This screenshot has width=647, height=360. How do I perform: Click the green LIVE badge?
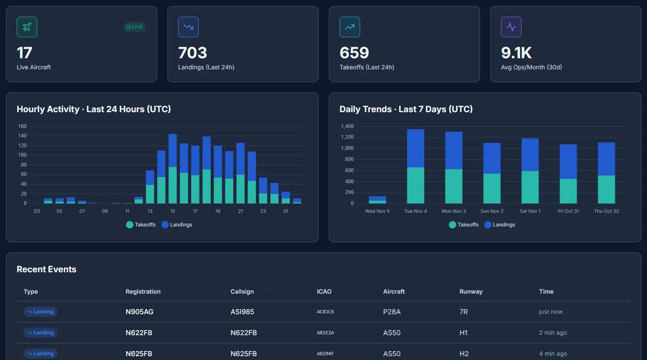pyautogui.click(x=135, y=27)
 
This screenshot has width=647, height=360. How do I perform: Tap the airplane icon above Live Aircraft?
pyautogui.click(x=27, y=27)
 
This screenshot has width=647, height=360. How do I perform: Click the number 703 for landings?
pyautogui.click(x=193, y=53)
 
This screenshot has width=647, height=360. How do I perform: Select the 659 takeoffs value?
pyautogui.click(x=354, y=53)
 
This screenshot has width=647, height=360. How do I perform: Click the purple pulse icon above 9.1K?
pyautogui.click(x=511, y=27)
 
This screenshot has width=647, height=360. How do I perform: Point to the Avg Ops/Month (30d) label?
pyautogui.click(x=531, y=67)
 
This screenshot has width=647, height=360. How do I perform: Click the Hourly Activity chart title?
pyautogui.click(x=94, y=109)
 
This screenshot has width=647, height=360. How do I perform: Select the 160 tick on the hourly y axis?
pyautogui.click(x=22, y=126)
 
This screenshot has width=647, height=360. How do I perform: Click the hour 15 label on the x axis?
pyautogui.click(x=173, y=211)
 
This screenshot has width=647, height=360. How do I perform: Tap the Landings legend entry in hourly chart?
pyautogui.click(x=177, y=225)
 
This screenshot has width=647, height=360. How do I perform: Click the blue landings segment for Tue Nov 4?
pyautogui.click(x=415, y=148)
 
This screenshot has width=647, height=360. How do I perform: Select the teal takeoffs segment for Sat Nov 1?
pyautogui.click(x=530, y=187)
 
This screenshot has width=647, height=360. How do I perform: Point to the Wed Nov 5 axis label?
pyautogui.click(x=377, y=211)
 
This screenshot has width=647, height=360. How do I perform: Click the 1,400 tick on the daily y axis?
pyautogui.click(x=347, y=126)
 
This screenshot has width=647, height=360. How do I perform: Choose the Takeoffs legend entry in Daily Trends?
pyautogui.click(x=464, y=225)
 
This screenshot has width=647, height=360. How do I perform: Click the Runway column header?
pyautogui.click(x=471, y=292)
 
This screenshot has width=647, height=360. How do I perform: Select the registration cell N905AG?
pyautogui.click(x=140, y=312)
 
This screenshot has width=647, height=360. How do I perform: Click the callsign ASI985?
pyautogui.click(x=242, y=312)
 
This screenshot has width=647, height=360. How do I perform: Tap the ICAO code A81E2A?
pyautogui.click(x=325, y=333)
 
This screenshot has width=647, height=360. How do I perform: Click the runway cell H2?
pyautogui.click(x=464, y=354)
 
